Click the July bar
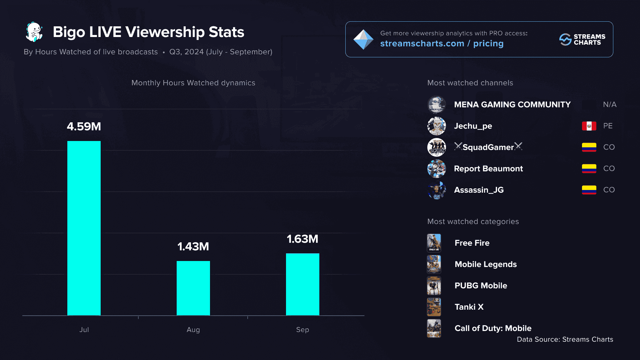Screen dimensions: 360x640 click(84, 228)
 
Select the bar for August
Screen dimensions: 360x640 click(193, 288)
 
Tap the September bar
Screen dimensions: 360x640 click(303, 284)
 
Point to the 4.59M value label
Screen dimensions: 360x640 click(84, 127)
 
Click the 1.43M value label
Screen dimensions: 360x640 click(193, 247)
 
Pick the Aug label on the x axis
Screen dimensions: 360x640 click(193, 330)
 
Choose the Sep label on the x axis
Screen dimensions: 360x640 click(303, 330)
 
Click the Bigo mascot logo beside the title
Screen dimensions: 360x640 click(34, 32)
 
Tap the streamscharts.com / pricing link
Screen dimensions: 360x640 click(442, 43)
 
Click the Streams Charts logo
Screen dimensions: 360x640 click(582, 39)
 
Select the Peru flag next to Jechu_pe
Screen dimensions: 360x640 click(589, 126)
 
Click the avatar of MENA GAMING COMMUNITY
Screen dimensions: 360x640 click(437, 105)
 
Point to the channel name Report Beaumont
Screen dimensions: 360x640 click(488, 169)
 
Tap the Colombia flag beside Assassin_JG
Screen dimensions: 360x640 click(589, 190)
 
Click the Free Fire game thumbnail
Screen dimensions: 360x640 click(434, 243)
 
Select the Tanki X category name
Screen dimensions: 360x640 click(469, 307)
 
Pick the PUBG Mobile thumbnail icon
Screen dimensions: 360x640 click(434, 286)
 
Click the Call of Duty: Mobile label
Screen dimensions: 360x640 click(493, 328)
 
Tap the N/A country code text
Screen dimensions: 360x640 click(610, 105)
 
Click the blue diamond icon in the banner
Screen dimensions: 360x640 click(363, 39)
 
